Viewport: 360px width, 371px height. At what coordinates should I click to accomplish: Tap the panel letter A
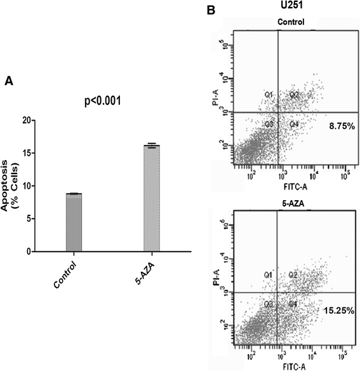tap(9, 81)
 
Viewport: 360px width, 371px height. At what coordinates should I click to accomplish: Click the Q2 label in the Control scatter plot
tap(294, 95)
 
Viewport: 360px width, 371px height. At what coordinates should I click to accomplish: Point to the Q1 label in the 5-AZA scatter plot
tap(269, 275)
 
